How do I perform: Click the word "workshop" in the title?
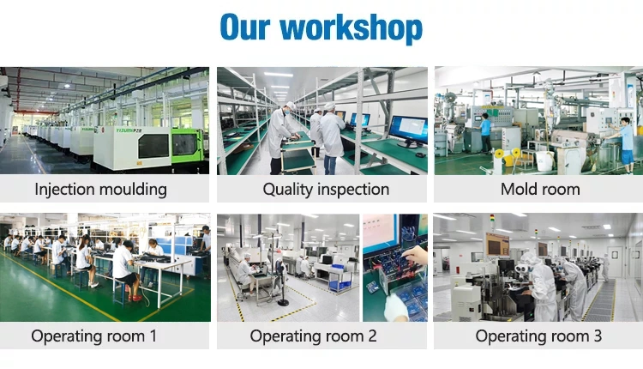351,27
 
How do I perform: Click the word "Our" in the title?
245,27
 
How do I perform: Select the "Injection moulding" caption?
101,190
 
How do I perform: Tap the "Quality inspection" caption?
326,190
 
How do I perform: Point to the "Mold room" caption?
540,190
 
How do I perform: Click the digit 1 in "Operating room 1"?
153,336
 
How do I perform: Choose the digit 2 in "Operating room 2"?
372,336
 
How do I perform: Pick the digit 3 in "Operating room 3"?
598,336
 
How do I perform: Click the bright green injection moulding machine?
188,145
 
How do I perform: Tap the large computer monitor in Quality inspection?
407,130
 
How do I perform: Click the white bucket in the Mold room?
544,160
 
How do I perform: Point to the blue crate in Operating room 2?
337,267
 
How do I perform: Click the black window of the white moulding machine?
153,146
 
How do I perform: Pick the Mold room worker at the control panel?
485,133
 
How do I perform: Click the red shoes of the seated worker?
135,298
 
